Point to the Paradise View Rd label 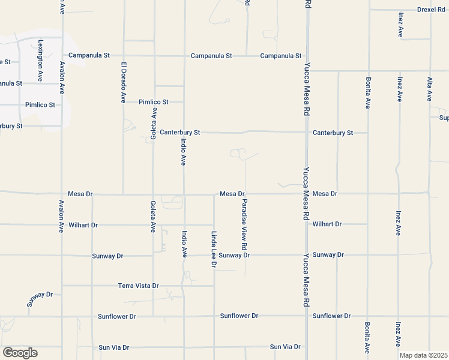[244, 225]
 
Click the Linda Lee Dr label [213, 250]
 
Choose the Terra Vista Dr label [138, 286]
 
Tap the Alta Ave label [429, 88]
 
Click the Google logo [20, 353]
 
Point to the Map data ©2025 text [424, 355]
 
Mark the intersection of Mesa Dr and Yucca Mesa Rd [307, 194]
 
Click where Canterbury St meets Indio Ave [184, 132]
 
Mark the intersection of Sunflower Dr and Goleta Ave [153, 316]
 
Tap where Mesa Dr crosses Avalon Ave [62, 194]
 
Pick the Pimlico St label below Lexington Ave [40, 104]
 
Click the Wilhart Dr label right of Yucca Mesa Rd [327, 224]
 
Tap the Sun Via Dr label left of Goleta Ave [113, 347]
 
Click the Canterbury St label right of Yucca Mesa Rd [333, 133]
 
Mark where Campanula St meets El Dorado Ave [124, 56]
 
